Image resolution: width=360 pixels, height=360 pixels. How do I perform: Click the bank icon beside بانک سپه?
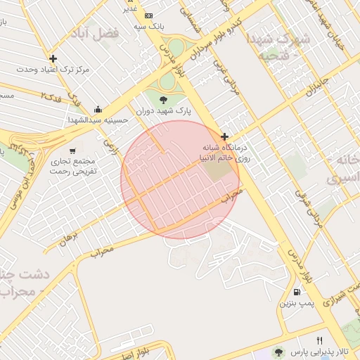pos(148,15)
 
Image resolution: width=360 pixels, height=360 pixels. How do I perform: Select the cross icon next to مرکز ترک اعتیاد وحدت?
pos(53,58)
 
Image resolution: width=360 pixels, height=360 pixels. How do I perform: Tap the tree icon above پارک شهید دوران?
pos(164,99)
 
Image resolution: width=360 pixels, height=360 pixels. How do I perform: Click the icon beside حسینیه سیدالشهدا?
pos(97,109)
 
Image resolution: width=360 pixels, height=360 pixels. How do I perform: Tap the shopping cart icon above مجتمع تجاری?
pos(72,150)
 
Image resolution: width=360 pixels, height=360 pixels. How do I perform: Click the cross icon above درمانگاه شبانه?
pos(224,136)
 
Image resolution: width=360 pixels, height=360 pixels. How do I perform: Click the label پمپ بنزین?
pos(295,303)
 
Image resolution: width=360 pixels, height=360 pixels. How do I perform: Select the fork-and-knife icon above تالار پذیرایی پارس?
pos(320,340)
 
